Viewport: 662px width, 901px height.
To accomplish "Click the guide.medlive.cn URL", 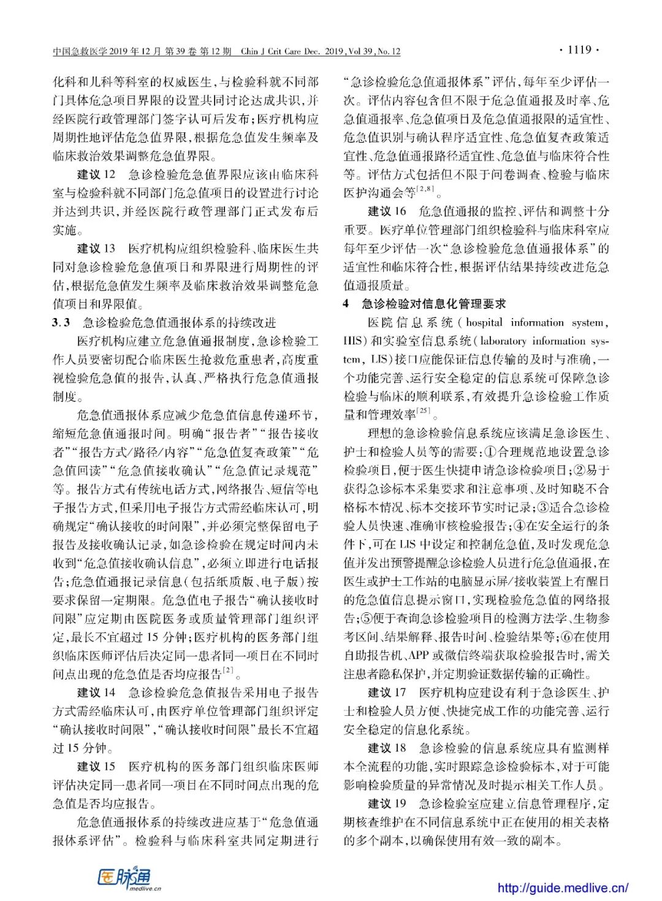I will (x=562, y=887).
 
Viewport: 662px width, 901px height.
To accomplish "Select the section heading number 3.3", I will (x=61, y=322).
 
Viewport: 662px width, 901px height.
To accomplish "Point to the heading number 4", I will (x=346, y=303).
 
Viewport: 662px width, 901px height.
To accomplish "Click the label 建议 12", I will (x=96, y=175).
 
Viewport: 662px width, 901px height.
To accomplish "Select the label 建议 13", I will (x=96, y=248).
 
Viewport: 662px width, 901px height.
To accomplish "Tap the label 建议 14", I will (x=96, y=693).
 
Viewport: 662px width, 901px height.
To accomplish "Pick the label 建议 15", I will (x=96, y=766).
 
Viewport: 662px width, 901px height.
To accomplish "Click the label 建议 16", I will (x=387, y=211).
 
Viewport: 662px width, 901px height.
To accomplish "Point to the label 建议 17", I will (x=387, y=693).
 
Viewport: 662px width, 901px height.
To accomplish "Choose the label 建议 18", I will (x=387, y=748).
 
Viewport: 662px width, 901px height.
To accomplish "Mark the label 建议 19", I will (x=387, y=804).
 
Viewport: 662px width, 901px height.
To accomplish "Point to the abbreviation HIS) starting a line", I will (x=355, y=341).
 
